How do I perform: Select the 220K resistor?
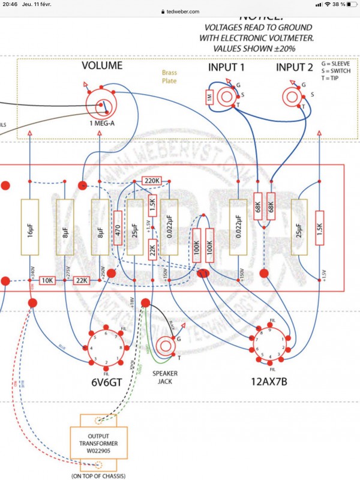(x=152, y=180)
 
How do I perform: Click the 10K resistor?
(x=47, y=281)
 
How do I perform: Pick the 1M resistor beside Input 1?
(x=209, y=97)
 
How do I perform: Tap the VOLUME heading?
(x=102, y=65)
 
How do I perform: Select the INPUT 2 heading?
(x=295, y=67)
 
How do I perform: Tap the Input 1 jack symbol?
(x=227, y=96)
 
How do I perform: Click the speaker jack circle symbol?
(x=165, y=347)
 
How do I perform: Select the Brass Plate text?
(x=170, y=76)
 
